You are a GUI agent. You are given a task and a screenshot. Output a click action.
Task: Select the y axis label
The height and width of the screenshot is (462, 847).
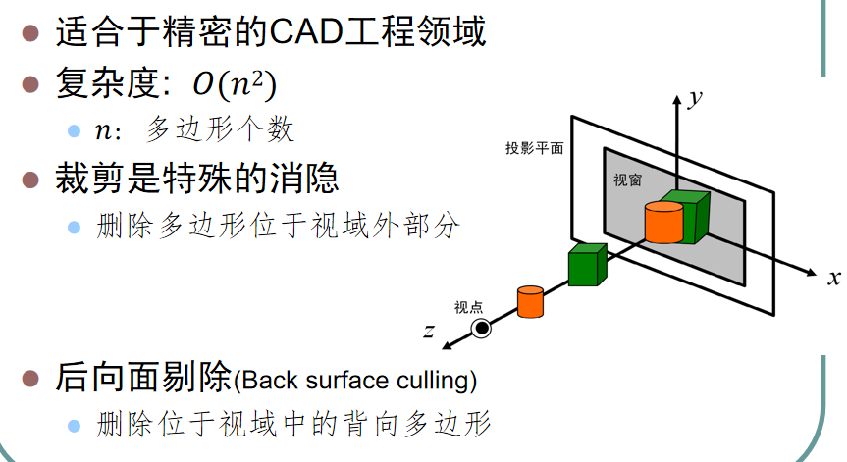click(x=695, y=98)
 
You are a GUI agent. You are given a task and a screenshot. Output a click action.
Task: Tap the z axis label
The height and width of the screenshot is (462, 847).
click(x=428, y=332)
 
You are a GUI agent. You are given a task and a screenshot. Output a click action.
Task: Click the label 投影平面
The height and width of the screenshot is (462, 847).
click(x=535, y=149)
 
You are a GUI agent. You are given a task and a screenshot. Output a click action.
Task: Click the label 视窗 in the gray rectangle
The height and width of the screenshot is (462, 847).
click(x=627, y=181)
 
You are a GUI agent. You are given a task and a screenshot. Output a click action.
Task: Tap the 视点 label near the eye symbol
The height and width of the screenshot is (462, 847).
click(x=468, y=307)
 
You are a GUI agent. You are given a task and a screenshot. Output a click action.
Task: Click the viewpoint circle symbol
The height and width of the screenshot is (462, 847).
click(x=481, y=328)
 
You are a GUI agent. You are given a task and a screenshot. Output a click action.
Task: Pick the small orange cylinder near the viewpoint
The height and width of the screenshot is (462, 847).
click(x=530, y=302)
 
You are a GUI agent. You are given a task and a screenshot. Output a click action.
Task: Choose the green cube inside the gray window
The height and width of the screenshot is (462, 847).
click(x=687, y=216)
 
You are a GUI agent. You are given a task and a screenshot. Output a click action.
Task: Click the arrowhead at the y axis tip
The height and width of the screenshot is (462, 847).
click(x=675, y=100)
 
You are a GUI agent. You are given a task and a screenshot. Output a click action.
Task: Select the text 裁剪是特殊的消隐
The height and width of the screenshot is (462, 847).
click(x=197, y=179)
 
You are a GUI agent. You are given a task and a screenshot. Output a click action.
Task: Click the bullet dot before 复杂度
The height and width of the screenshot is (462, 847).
click(x=31, y=85)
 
